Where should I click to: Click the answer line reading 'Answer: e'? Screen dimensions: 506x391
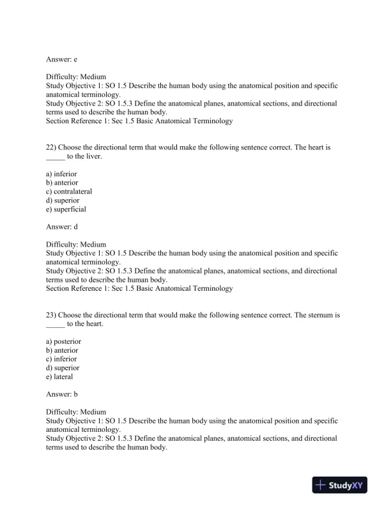(x=61, y=59)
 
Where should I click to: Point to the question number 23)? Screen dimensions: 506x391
(x=52, y=315)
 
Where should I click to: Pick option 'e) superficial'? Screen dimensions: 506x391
(x=66, y=209)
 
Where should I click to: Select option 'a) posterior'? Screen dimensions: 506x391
(x=63, y=342)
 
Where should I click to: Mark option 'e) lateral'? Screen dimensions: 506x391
(x=59, y=377)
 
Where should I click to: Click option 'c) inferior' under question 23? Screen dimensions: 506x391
(x=61, y=359)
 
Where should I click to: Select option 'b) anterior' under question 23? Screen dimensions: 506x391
(x=62, y=350)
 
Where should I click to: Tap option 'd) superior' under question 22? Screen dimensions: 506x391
(x=63, y=200)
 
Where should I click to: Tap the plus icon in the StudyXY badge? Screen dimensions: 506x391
(x=321, y=486)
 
